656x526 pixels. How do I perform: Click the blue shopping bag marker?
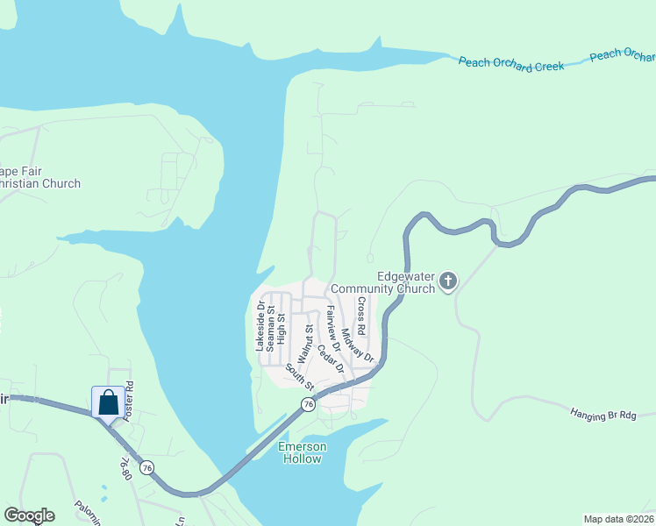pyautogui.click(x=108, y=402)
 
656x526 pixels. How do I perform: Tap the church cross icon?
pyautogui.click(x=448, y=281)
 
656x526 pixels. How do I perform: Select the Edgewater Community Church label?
pyautogui.click(x=406, y=282)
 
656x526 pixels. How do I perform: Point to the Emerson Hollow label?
pyautogui.click(x=303, y=452)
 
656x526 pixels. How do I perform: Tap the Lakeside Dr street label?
pyautogui.click(x=260, y=326)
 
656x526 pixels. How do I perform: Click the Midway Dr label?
pyautogui.click(x=358, y=346)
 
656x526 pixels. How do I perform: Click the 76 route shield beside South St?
pyautogui.click(x=307, y=404)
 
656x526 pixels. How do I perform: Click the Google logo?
pyautogui.click(x=29, y=515)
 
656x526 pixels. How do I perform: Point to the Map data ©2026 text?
pyautogui.click(x=618, y=518)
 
